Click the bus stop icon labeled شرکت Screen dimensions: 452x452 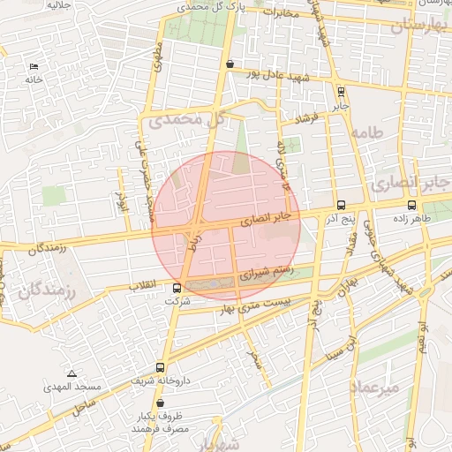point(177,288)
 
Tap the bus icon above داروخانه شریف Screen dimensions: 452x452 point(160,367)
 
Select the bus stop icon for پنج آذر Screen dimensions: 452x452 point(341,205)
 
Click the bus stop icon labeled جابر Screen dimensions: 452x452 point(341,90)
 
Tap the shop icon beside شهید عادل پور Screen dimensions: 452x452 point(230,64)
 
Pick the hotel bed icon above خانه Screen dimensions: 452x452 point(34,67)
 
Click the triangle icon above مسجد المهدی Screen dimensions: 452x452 point(72,374)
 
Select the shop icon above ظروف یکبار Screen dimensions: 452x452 point(160,403)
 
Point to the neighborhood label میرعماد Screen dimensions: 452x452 point(374,387)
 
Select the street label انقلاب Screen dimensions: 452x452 point(142,287)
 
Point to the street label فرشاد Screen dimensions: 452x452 point(307,117)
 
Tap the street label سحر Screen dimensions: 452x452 point(254,358)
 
